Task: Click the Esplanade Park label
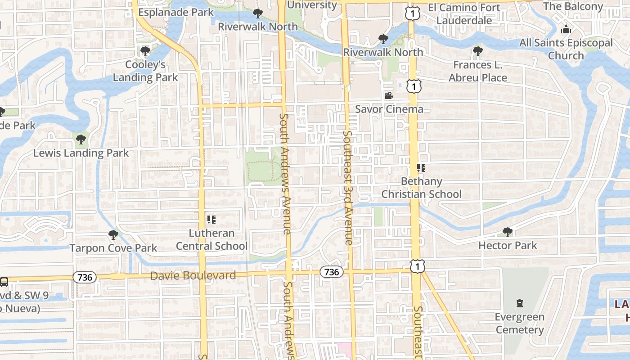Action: point(175,12)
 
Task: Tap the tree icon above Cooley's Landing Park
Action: point(145,51)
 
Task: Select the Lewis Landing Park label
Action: point(81,153)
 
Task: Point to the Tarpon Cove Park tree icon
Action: point(113,234)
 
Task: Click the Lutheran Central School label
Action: point(211,240)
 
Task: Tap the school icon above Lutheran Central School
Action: point(211,220)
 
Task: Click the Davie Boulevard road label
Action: point(193,275)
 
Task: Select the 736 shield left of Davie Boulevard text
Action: point(85,277)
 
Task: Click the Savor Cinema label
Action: point(389,109)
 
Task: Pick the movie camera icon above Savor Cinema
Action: point(389,95)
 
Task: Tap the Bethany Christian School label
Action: point(422,188)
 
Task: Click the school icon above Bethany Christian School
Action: point(421,168)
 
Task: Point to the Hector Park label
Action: point(508,245)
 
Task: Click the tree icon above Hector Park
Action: point(508,232)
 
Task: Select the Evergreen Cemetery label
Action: point(520,323)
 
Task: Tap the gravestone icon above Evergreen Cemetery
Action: point(520,303)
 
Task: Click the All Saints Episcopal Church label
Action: point(566,49)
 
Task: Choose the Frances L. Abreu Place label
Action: point(478,71)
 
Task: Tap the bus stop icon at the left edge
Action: point(4,282)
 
